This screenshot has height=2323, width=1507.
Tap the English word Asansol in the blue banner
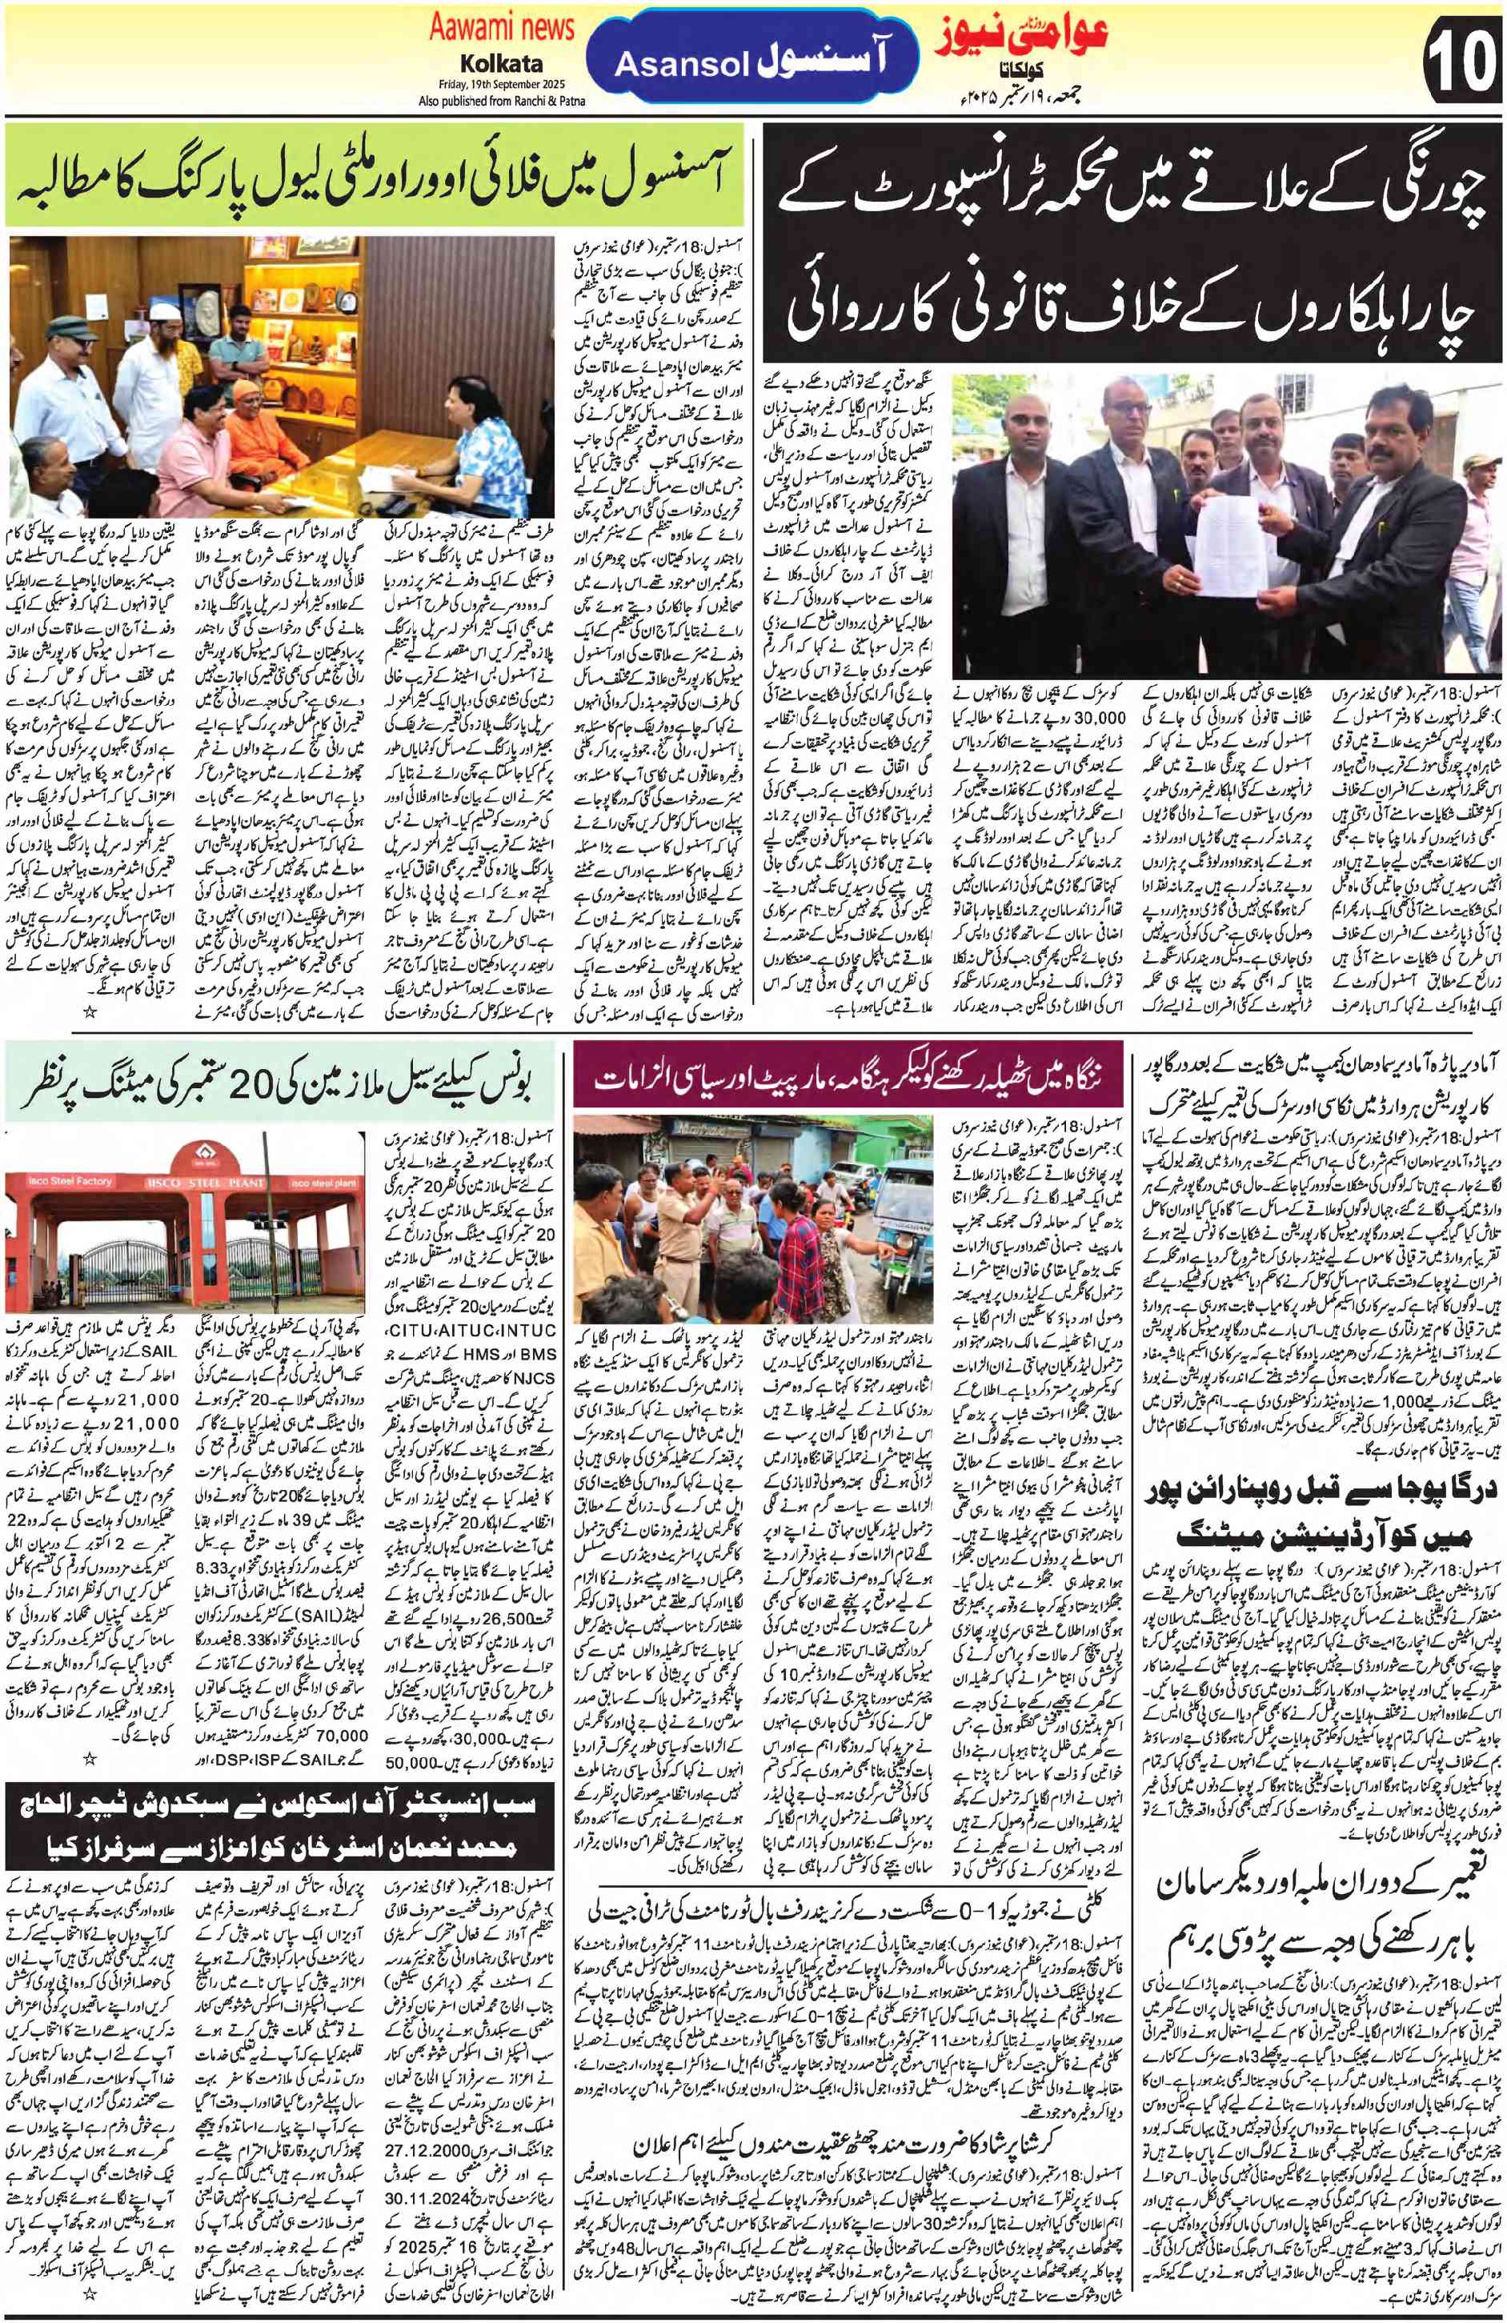click(x=681, y=65)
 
